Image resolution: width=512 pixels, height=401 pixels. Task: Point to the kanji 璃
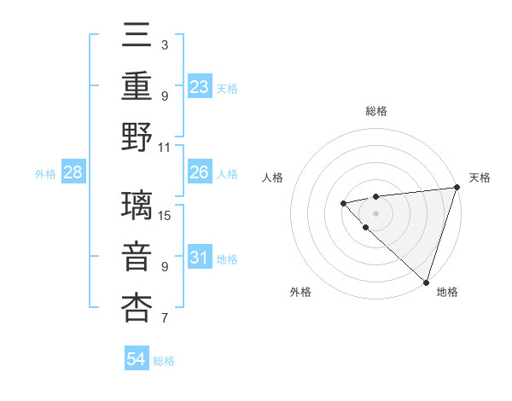pos(137,206)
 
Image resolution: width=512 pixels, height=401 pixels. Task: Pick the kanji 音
pos(137,258)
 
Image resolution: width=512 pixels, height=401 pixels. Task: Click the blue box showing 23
pos(200,86)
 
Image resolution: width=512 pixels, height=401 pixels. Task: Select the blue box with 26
pos(200,172)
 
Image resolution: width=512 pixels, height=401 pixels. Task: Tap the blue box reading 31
pos(200,258)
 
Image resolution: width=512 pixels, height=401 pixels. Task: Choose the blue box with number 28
pos(73,172)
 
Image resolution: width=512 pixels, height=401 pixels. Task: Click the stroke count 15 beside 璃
pos(166,215)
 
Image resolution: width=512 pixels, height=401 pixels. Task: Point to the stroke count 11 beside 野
pos(166,146)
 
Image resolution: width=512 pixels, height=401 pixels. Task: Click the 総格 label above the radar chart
pos(376,111)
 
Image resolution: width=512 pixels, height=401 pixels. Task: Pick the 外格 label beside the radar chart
pos(300,292)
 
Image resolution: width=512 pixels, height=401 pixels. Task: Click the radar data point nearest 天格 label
pos(457,188)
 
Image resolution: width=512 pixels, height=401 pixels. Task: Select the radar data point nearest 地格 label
pos(426,282)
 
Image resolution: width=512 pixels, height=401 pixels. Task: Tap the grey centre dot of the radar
pos(376,212)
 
